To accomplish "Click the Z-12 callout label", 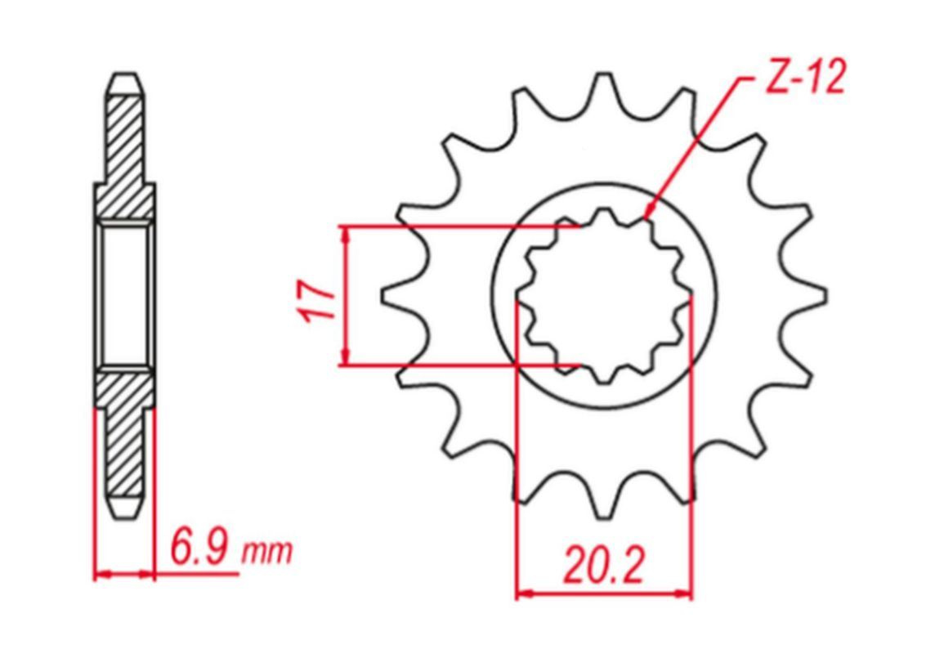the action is [805, 78].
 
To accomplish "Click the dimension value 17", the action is [318, 299].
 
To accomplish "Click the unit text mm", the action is [267, 552].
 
